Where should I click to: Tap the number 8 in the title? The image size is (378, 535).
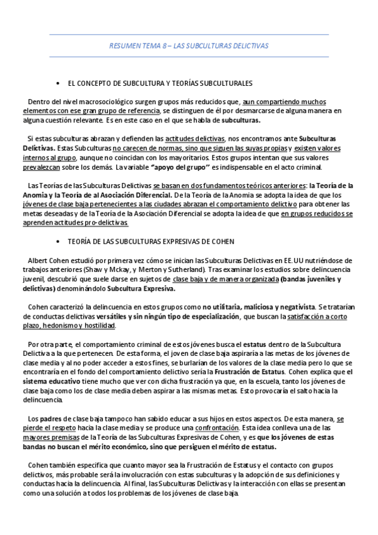coord(163,46)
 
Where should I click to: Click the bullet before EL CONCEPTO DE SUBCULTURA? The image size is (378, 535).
coord(58,83)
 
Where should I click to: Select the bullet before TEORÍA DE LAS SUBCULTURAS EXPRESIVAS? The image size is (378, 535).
coord(58,240)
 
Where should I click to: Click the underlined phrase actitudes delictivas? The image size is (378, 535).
coord(195,138)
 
